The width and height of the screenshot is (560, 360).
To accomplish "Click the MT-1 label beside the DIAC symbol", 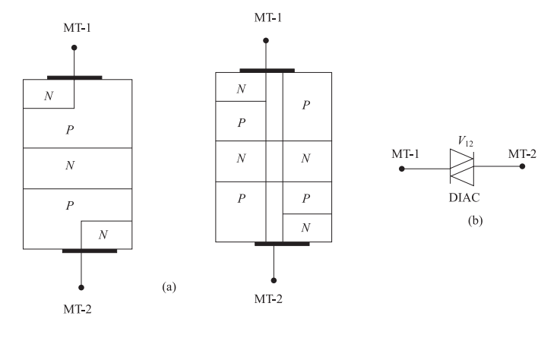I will [405, 155].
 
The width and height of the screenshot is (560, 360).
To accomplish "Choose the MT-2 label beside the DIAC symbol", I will [522, 155].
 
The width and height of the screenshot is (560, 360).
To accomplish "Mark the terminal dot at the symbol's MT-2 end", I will [522, 166].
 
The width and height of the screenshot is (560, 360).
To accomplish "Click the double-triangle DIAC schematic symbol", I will [461, 166].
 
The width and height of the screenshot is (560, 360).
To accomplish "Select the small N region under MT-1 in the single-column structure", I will [49, 94].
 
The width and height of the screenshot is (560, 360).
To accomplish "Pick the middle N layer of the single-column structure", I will [70, 166].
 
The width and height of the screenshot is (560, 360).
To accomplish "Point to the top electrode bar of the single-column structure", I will [74, 77].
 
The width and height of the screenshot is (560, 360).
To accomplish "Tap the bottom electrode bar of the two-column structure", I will [281, 244].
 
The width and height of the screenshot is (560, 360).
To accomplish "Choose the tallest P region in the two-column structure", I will [306, 106].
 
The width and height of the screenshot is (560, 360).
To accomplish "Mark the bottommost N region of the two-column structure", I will [305, 227].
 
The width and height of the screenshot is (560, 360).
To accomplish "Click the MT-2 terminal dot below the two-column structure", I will [274, 279].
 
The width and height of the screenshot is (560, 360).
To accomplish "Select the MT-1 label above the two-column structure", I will [265, 17].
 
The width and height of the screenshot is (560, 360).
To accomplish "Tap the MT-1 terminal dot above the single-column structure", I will [74, 48].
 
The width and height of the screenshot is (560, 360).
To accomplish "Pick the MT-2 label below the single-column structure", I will [80, 309].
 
